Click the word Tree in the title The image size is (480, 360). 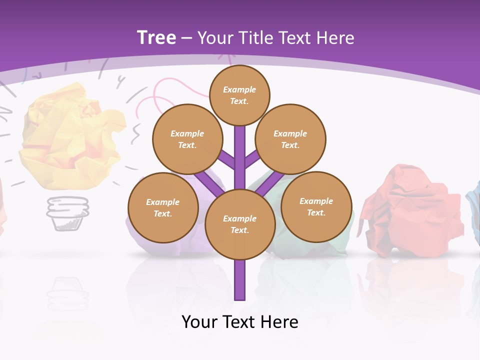(156, 38)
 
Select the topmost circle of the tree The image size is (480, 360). (239, 95)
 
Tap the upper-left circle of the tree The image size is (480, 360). (187, 139)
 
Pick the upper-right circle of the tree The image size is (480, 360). (290, 139)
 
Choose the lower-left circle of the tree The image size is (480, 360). (163, 207)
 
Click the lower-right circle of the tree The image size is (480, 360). (316, 206)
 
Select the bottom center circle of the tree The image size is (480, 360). (240, 224)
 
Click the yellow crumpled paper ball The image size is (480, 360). (70, 135)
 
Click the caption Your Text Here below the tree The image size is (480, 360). (240, 321)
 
